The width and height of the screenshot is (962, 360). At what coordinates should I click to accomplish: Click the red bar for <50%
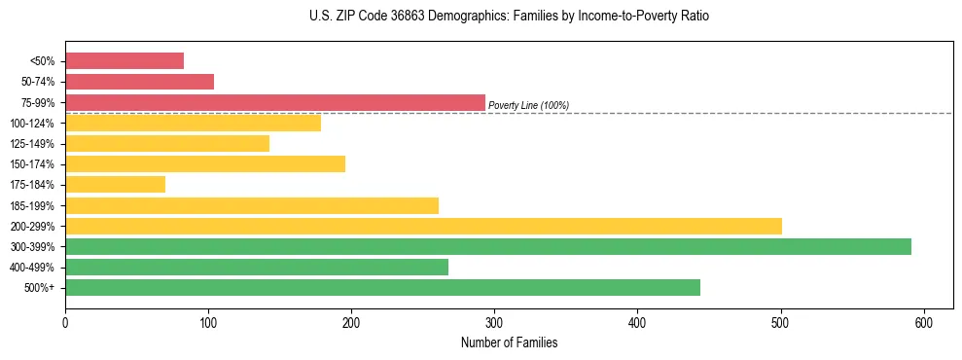click(x=125, y=61)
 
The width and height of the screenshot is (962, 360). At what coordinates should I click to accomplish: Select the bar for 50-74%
click(x=139, y=82)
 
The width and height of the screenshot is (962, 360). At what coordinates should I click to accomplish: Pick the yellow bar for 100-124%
click(x=193, y=123)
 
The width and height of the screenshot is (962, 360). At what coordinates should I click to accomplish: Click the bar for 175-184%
click(x=115, y=185)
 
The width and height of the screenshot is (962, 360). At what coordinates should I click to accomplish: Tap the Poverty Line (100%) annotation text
click(x=528, y=105)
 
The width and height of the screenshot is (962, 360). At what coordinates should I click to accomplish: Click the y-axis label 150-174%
click(x=32, y=164)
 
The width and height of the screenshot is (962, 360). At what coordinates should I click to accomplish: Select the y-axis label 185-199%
click(x=32, y=205)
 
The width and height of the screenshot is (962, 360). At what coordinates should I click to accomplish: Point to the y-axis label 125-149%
click(x=32, y=144)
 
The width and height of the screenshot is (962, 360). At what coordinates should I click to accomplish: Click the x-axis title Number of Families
click(x=509, y=342)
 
